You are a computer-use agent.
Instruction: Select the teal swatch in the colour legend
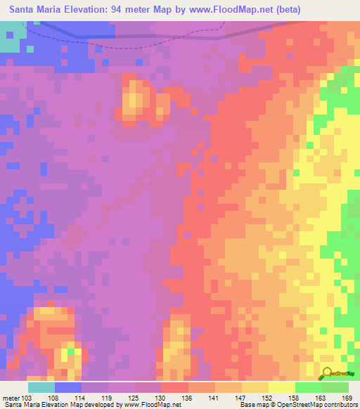coord(41,387)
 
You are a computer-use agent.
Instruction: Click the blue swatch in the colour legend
coord(68,387)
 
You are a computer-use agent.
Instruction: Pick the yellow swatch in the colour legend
coord(282,387)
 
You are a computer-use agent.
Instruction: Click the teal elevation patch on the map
coord(9,38)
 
